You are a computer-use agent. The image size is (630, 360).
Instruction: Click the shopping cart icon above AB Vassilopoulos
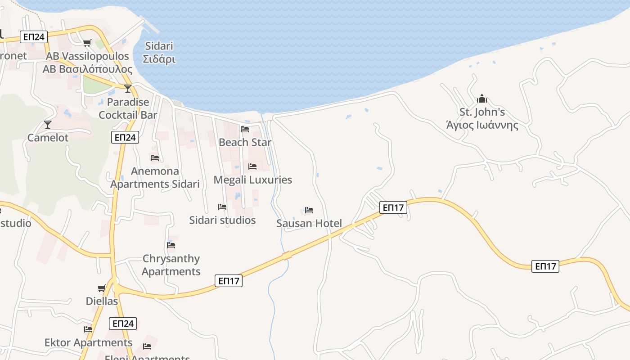pyautogui.click(x=87, y=43)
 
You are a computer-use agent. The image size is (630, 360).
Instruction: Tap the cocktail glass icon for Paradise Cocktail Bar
pyautogui.click(x=128, y=88)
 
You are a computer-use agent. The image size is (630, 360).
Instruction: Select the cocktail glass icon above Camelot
pyautogui.click(x=48, y=124)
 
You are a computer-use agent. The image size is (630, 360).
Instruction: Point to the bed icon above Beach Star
pyautogui.click(x=245, y=129)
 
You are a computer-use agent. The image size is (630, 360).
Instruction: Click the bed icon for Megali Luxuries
pyautogui.click(x=252, y=166)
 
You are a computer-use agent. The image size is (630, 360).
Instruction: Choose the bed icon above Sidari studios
pyautogui.click(x=222, y=207)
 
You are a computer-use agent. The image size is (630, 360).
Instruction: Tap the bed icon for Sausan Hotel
pyautogui.click(x=309, y=210)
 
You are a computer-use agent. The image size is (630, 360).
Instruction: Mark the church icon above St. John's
pyautogui.click(x=482, y=98)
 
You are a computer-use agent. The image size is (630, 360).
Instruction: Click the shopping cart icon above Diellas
pyautogui.click(x=102, y=288)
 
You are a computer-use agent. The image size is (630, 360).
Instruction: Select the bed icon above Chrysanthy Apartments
pyautogui.click(x=171, y=245)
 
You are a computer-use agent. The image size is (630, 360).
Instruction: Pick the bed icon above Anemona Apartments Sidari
pyautogui.click(x=155, y=158)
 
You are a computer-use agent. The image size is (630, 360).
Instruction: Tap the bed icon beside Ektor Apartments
pyautogui.click(x=88, y=329)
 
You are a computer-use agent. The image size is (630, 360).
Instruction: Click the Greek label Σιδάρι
pyautogui.click(x=159, y=59)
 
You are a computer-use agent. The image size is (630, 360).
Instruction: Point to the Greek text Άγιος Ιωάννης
pyautogui.click(x=482, y=125)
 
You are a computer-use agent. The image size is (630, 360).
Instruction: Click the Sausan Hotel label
pyautogui.click(x=309, y=223)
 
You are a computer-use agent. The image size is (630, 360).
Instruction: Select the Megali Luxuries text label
pyautogui.click(x=252, y=180)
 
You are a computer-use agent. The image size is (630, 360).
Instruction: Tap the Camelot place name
pyautogui.click(x=48, y=138)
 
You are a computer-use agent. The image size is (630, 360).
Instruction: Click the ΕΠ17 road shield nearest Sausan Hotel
pyautogui.click(x=393, y=207)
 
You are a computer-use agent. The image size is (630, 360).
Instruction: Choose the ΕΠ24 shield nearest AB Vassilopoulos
pyautogui.click(x=34, y=37)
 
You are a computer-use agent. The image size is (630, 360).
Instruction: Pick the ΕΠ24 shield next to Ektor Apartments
pyautogui.click(x=122, y=323)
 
